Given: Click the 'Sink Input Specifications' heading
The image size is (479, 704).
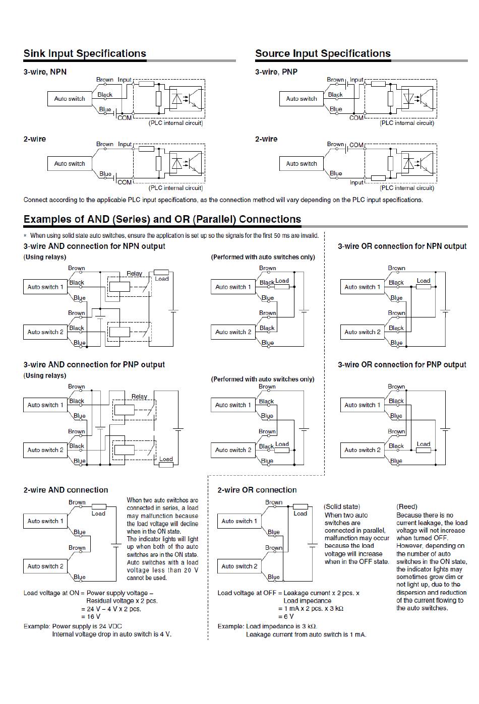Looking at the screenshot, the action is pos(85,53).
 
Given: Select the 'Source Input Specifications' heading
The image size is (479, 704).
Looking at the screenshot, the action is pos(323,53).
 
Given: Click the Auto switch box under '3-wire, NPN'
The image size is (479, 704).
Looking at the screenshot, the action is pos(70,99).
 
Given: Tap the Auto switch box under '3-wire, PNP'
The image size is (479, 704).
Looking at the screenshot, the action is pos(302,99).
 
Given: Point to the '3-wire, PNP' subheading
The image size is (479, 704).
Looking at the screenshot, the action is pos(276,72).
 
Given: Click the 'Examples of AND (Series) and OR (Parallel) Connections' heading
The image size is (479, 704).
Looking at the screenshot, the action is pos(162,219).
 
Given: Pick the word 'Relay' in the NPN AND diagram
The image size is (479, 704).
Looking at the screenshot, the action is pos(134,274).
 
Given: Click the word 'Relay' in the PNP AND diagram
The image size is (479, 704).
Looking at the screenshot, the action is pos(139,396).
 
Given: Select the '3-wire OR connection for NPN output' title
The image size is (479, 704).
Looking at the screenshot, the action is pos(402,246).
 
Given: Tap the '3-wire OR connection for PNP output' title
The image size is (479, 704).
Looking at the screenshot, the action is pos(402,364).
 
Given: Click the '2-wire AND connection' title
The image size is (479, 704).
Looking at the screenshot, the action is pos(66,490).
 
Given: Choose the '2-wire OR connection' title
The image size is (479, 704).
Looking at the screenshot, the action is pos(257,490).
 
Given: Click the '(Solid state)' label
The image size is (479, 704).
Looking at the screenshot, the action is pos(342,506).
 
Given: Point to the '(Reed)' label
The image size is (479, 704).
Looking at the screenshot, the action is pos(407,506).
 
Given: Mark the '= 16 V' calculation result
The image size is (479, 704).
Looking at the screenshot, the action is pos(91,616).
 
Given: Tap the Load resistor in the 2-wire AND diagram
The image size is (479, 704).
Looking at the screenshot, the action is pos(99,506).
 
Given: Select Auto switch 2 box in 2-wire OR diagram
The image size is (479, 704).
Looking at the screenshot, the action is pos(239,566).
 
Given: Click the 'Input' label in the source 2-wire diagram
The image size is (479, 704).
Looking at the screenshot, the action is pos(356,182).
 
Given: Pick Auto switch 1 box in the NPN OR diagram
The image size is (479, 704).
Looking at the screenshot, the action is pos(363,287).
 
